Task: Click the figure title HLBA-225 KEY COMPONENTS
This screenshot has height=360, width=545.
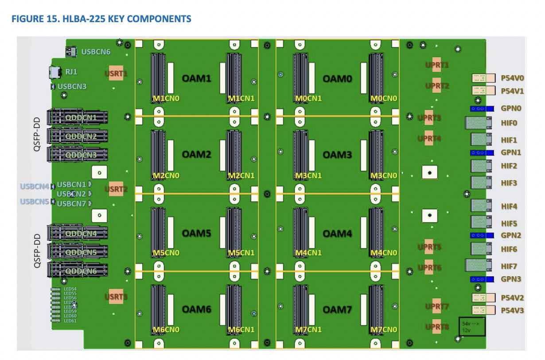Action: coord(101,19)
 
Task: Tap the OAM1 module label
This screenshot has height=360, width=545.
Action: coord(196,78)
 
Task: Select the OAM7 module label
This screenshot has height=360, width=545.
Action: coord(337,309)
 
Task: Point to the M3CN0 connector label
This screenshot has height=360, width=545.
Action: coord(384,176)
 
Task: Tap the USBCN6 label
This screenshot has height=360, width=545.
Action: coord(96,51)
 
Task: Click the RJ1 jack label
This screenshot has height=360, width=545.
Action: coord(71,71)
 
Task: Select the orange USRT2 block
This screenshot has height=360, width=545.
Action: coord(116,189)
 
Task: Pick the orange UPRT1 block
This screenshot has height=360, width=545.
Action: coord(437,65)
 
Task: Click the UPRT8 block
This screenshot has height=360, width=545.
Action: coord(437,327)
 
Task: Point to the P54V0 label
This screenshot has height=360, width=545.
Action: coord(512,78)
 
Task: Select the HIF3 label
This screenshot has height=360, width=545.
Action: coord(509,183)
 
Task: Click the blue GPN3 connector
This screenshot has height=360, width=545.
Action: coord(482,279)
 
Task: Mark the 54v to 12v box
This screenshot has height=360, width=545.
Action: coord(472,326)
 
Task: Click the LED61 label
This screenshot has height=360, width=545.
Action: coord(70,321)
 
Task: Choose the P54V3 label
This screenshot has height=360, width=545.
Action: coord(512,310)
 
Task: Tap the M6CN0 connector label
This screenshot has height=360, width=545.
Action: coord(166,329)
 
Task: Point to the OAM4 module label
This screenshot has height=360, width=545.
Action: coord(337,233)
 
